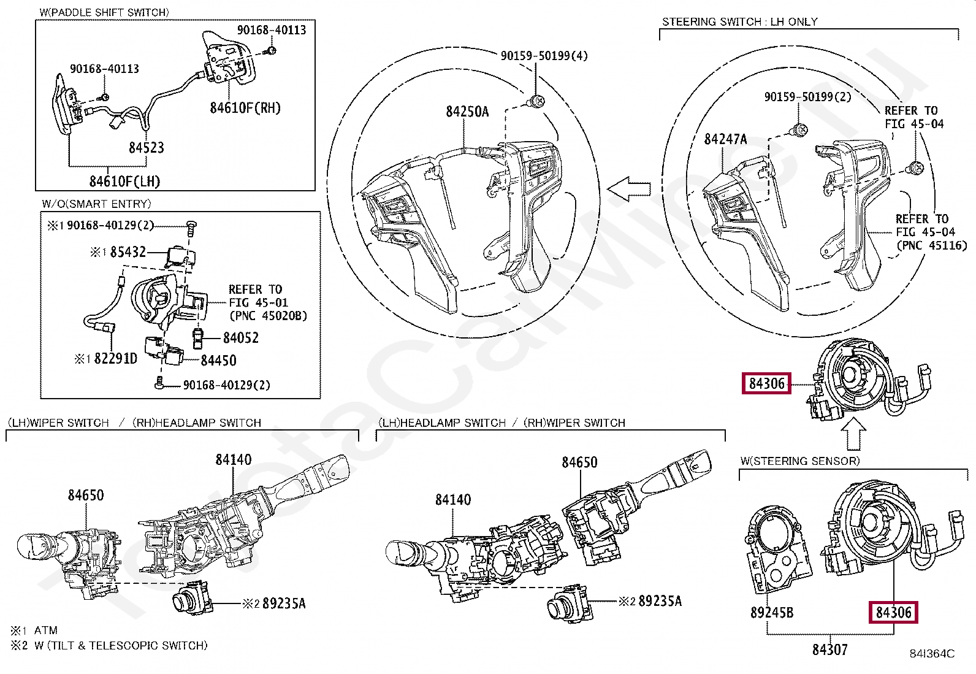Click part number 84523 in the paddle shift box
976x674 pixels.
(146, 147)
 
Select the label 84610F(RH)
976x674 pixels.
(245, 108)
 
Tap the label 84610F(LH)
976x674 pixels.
(124, 182)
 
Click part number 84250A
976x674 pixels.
(467, 112)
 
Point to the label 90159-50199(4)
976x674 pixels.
(544, 56)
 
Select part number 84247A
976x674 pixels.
(725, 139)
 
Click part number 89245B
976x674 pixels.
(771, 613)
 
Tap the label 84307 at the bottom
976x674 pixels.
(829, 649)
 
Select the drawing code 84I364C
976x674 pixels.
(931, 654)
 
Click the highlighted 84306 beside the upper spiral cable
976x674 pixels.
(766, 384)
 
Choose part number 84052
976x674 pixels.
(240, 338)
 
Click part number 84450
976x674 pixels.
(218, 361)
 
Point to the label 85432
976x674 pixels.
(128, 252)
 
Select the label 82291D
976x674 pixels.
(115, 359)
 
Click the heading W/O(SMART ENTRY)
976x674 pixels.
(96, 204)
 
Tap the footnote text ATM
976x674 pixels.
(45, 630)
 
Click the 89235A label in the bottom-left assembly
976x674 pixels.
(283, 604)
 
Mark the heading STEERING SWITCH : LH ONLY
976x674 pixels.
(739, 22)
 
